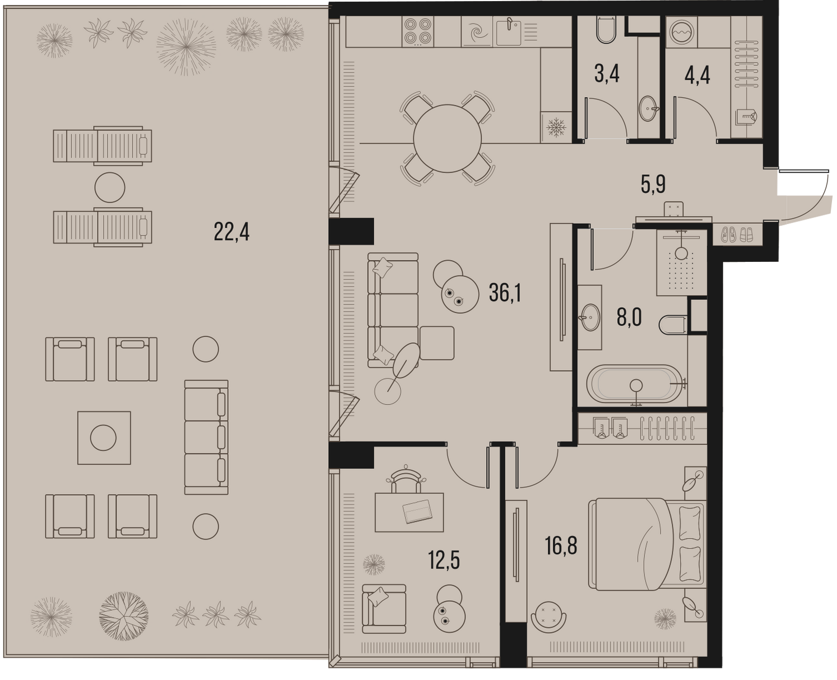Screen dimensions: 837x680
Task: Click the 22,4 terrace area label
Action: (x=232, y=232)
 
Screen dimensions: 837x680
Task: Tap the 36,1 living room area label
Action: (x=505, y=293)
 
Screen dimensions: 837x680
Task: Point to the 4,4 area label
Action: (x=697, y=76)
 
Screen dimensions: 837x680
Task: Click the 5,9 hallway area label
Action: (x=653, y=185)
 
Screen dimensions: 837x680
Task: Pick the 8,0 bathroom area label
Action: (x=629, y=317)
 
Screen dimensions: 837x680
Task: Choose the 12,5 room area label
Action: (x=444, y=560)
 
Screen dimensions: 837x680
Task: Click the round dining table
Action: (x=447, y=138)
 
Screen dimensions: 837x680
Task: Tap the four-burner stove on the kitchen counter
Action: (x=418, y=31)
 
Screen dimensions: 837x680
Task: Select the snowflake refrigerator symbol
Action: (x=556, y=127)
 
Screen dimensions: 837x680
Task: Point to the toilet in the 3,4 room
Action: (x=607, y=30)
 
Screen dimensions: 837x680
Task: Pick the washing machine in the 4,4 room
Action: (x=681, y=32)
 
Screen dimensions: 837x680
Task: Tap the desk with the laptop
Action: (x=409, y=512)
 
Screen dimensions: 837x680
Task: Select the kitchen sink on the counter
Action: (x=509, y=32)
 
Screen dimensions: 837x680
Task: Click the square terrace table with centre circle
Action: (x=104, y=438)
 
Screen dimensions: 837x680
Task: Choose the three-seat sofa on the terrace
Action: (x=206, y=437)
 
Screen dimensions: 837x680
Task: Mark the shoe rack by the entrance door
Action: (x=737, y=236)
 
